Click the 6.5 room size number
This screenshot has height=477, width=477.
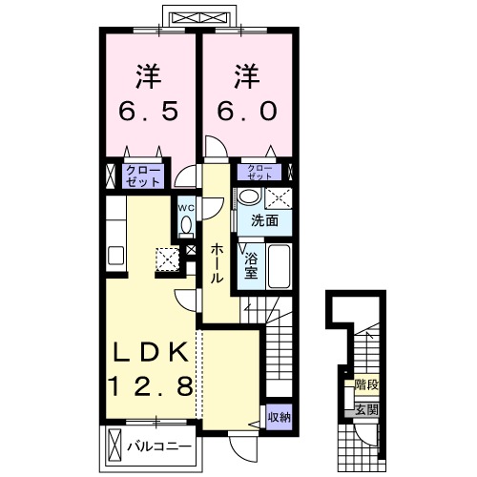tap(148, 111)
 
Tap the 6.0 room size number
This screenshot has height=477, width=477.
tap(247, 111)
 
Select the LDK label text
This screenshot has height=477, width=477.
tap(150, 353)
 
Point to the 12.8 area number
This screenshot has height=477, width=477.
tap(151, 385)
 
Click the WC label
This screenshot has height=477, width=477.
tap(186, 208)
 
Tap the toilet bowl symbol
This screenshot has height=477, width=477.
tap(186, 226)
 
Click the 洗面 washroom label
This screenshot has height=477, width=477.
tap(264, 220)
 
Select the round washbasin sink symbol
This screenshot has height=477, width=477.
tap(249, 196)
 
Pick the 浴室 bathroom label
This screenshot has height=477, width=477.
tap(251, 266)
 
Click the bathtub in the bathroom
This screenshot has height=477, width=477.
tap(279, 266)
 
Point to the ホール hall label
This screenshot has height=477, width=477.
tap(217, 263)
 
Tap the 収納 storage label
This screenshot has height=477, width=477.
tap(279, 417)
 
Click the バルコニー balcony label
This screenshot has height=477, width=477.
tap(159, 446)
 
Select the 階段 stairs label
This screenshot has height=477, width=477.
tap(366, 385)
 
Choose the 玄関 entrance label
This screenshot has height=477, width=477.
tap(366, 410)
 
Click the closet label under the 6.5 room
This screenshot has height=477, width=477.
tap(143, 176)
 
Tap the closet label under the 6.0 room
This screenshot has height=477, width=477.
tap(259, 172)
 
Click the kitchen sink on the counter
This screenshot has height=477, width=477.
tap(115, 256)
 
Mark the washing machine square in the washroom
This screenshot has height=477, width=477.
tap(279, 198)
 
